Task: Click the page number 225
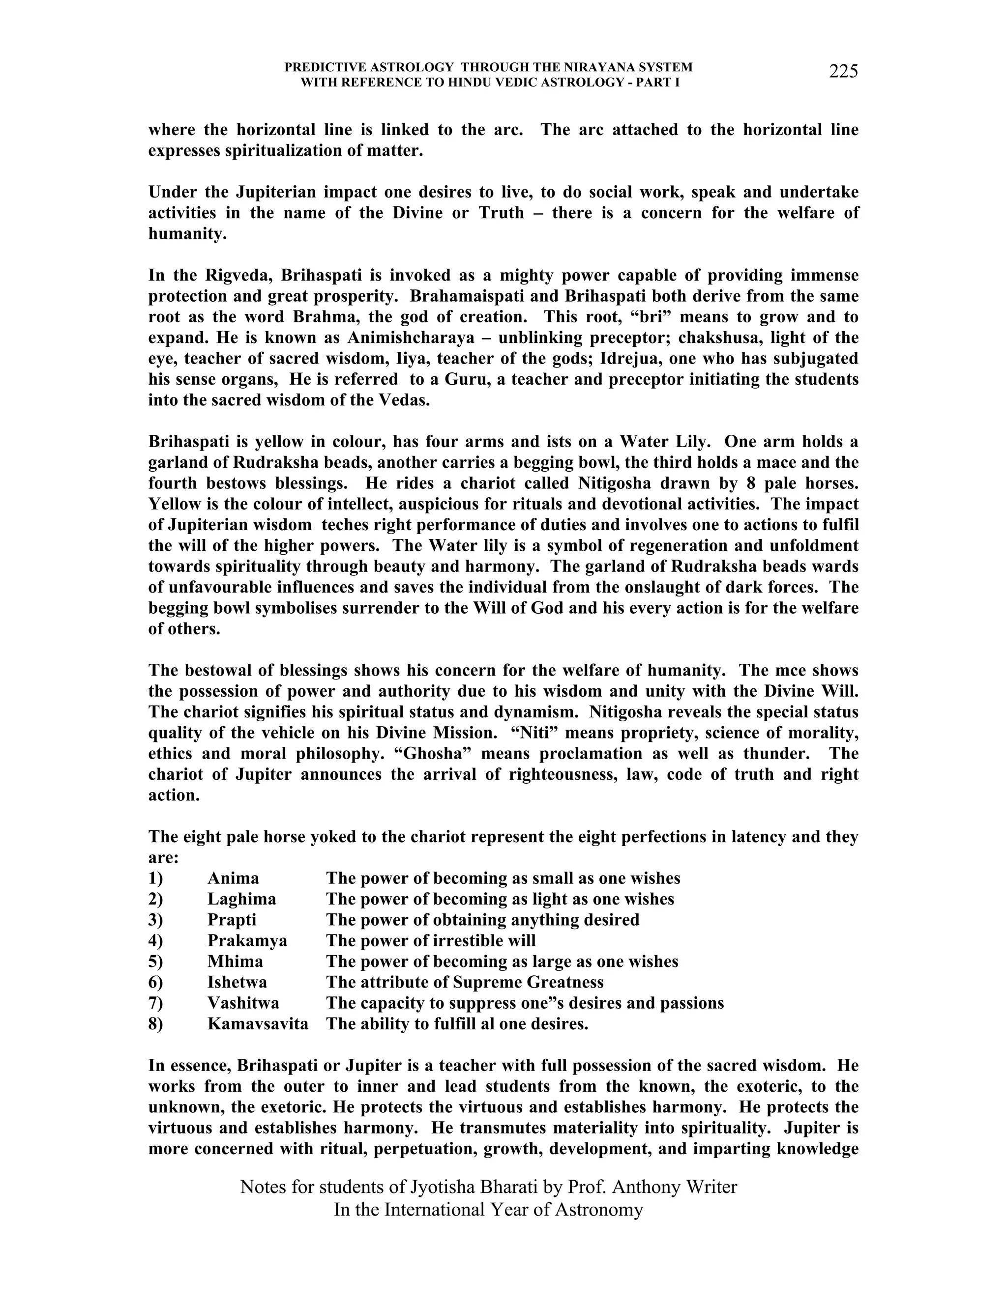point(843,72)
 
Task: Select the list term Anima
point(233,878)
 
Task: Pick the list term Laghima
point(241,899)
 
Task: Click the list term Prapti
point(232,920)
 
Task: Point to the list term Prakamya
point(247,941)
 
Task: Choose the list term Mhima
point(235,962)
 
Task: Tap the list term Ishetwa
point(237,983)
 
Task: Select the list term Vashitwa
point(243,1003)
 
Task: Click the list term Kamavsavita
point(258,1024)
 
